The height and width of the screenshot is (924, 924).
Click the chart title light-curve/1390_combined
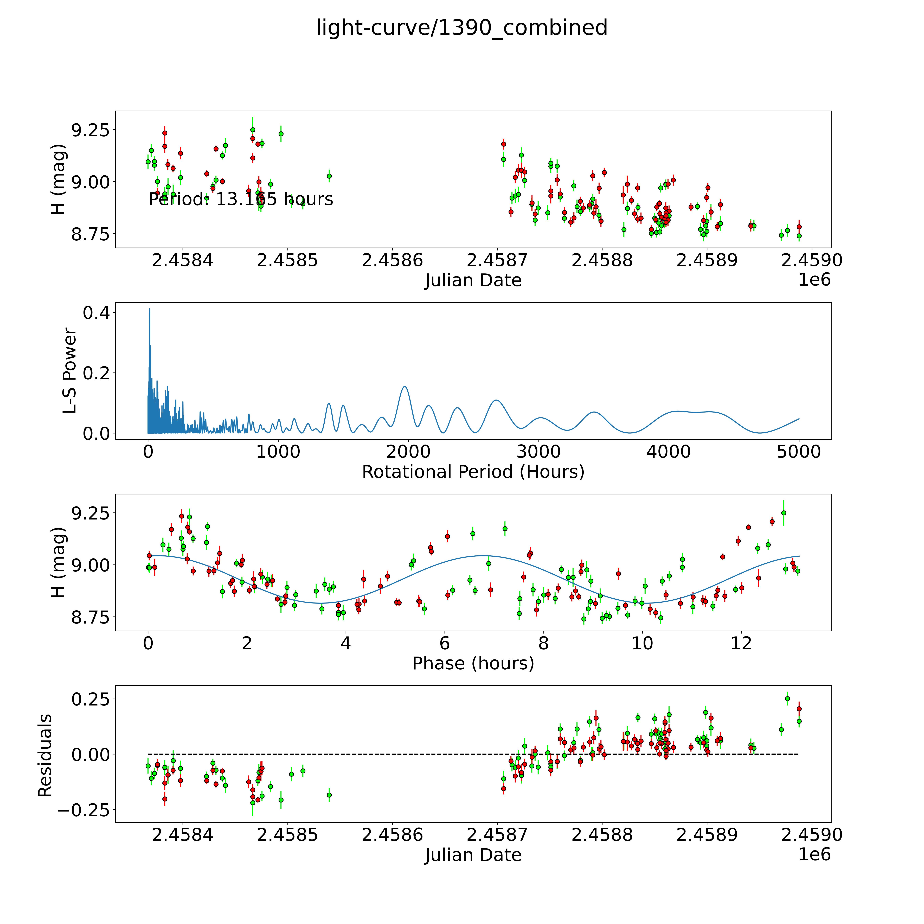tap(461, 28)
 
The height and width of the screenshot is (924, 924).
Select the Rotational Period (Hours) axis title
tap(473, 472)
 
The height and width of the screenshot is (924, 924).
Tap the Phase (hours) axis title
tap(473, 663)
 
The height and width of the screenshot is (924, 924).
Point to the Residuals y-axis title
tap(44, 756)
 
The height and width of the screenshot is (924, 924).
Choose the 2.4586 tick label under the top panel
tap(392, 261)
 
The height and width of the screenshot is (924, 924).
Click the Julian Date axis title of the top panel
tap(473, 280)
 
